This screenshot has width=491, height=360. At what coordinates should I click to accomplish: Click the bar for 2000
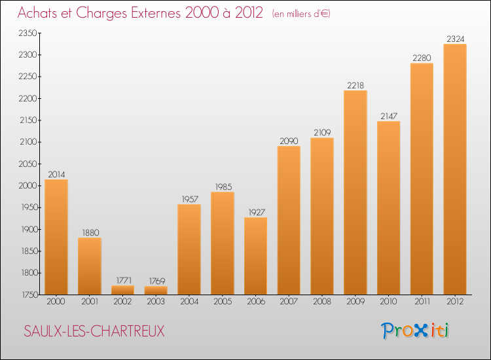click(x=56, y=237)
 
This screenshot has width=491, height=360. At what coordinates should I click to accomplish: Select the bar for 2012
click(x=455, y=169)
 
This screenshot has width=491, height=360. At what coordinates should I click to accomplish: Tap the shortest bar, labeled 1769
click(x=156, y=290)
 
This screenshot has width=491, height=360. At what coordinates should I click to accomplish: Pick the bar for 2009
click(x=355, y=192)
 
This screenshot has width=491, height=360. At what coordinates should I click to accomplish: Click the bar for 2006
click(x=255, y=256)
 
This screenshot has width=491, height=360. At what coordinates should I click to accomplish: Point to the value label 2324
click(x=455, y=39)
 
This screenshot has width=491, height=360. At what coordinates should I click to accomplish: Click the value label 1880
click(x=90, y=233)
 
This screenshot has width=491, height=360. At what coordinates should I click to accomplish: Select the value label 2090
click(x=289, y=141)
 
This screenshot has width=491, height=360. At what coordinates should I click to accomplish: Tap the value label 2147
click(x=388, y=117)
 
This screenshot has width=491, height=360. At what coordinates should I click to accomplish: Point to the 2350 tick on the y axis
click(x=27, y=33)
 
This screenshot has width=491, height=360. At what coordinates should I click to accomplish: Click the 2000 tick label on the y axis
click(x=27, y=186)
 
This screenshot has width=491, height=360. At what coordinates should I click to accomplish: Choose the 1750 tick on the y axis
click(x=27, y=295)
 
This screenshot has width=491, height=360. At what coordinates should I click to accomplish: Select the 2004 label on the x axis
click(x=189, y=302)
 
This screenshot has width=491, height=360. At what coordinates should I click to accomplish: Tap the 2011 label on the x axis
click(x=422, y=302)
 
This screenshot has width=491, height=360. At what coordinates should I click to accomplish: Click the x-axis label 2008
click(x=322, y=302)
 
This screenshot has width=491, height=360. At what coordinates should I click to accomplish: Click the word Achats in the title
click(x=40, y=13)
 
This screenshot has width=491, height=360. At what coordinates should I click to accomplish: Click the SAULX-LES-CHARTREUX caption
click(x=94, y=331)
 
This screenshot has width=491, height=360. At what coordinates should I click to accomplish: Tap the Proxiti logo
click(x=416, y=331)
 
